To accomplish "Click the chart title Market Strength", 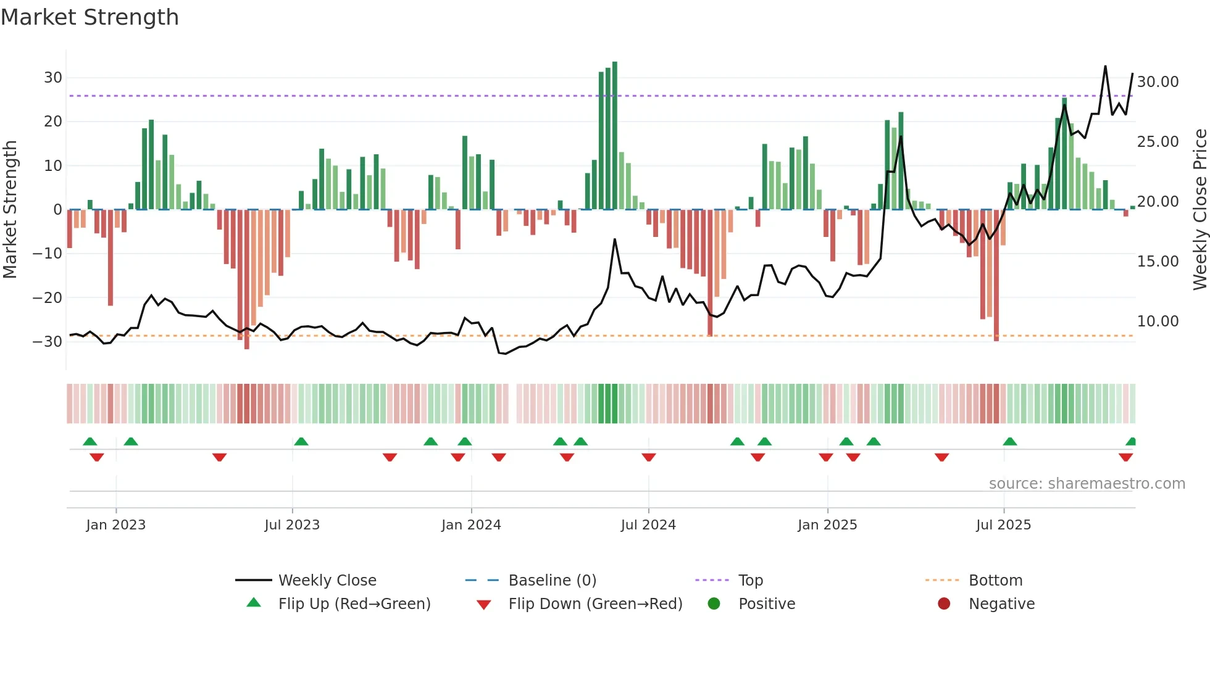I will [x=90, y=17].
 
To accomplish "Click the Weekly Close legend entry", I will [x=327, y=580].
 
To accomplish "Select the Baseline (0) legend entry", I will [x=552, y=580].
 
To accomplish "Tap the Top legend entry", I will [x=750, y=580].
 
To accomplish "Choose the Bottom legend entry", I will [x=995, y=580].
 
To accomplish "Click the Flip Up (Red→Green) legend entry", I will [x=354, y=603].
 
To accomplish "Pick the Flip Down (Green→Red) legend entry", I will [x=595, y=603].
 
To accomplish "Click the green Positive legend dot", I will [x=714, y=603].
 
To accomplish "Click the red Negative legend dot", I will [x=944, y=603].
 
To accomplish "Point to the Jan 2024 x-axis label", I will [x=471, y=525].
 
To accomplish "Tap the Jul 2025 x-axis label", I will [x=1003, y=525].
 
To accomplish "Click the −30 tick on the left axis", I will [x=48, y=341].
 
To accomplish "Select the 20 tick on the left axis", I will [x=53, y=122].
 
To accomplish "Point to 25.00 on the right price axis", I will [x=1158, y=141].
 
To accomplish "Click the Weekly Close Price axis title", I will [x=1200, y=210].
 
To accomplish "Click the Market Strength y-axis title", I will [x=10, y=210].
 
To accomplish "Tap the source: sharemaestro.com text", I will [x=1087, y=483].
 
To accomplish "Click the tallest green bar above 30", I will [x=615, y=136].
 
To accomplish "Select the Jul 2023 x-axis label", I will [x=292, y=525].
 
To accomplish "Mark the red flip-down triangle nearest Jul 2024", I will [x=648, y=457].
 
